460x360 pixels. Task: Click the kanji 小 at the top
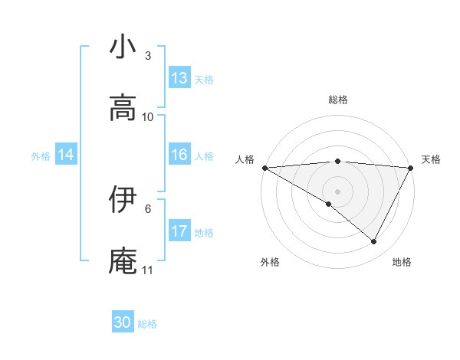click(x=123, y=47)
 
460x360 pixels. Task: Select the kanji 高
click(x=123, y=108)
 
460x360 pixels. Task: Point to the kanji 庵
click(x=123, y=260)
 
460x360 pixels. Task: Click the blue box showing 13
click(x=179, y=78)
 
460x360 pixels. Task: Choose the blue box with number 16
click(x=179, y=155)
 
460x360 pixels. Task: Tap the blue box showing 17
click(x=179, y=231)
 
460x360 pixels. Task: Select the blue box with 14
click(x=66, y=155)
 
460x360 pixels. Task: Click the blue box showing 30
click(x=123, y=322)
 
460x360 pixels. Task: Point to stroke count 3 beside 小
click(x=148, y=56)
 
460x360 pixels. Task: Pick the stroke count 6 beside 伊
click(x=148, y=208)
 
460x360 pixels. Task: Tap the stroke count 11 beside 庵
click(x=148, y=270)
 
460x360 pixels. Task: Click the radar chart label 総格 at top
click(x=338, y=100)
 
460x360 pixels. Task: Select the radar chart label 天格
click(x=431, y=159)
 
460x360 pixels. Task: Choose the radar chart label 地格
click(x=402, y=262)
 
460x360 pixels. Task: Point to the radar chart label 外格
click(x=270, y=262)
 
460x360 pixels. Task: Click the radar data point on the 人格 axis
click(x=264, y=167)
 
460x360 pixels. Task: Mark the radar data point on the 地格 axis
click(x=374, y=242)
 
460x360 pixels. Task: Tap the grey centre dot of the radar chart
click(x=338, y=191)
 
